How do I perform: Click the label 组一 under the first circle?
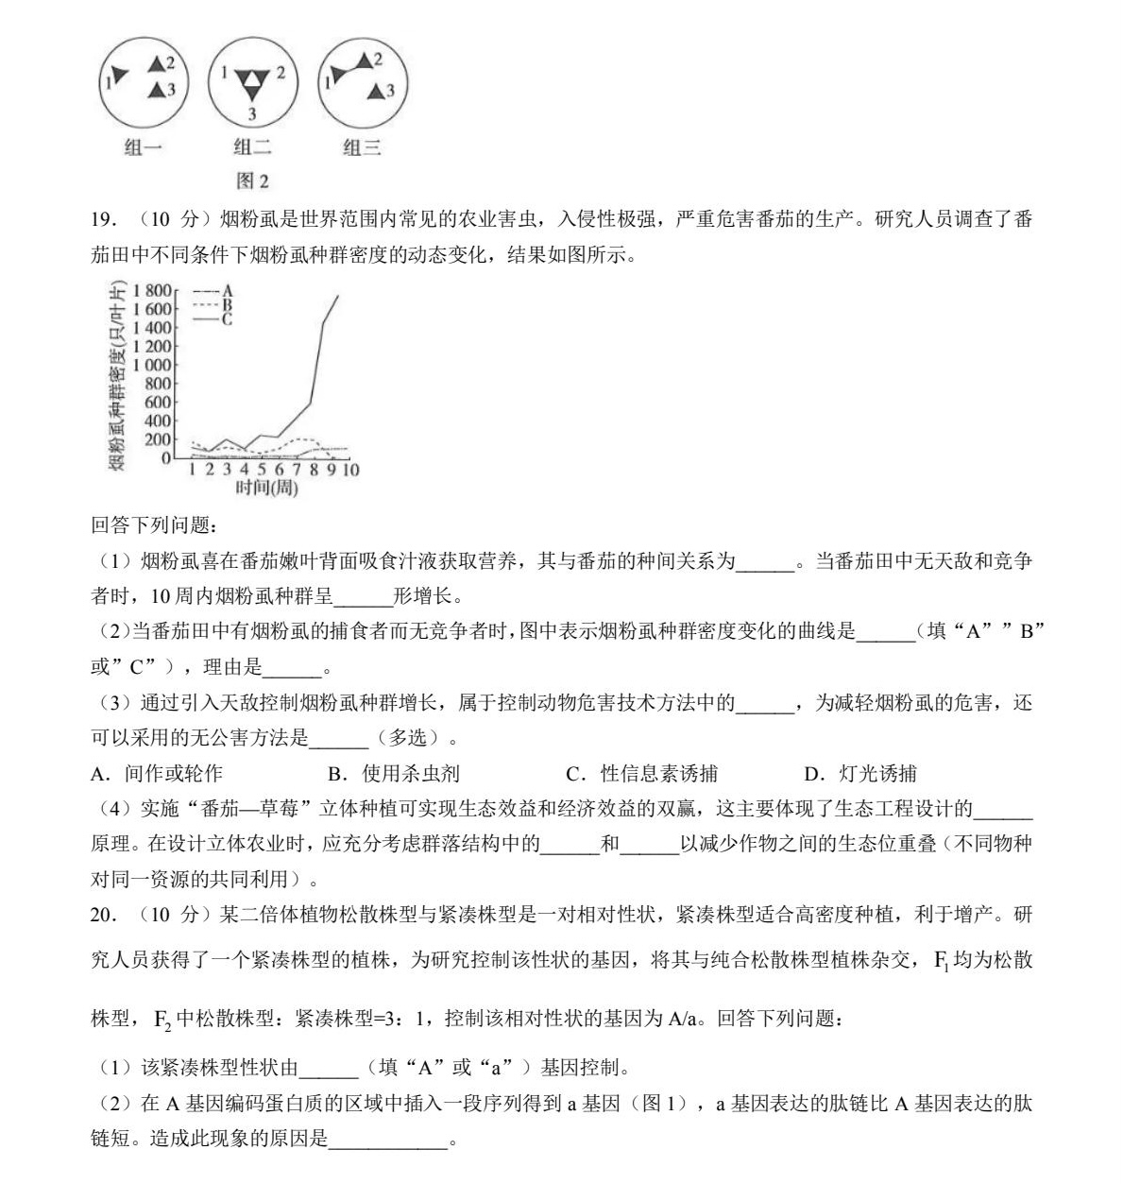click(144, 147)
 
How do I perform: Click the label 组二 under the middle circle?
click(252, 147)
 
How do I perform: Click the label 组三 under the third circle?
click(362, 147)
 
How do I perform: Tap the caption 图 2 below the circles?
click(252, 180)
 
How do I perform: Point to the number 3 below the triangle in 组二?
click(252, 114)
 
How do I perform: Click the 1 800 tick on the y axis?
click(153, 291)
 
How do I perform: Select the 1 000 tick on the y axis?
click(153, 365)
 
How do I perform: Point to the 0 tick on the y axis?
click(166, 457)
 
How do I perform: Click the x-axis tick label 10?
click(350, 470)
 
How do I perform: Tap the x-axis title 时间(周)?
click(266, 489)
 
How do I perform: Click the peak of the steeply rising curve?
click(338, 297)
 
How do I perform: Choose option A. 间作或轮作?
click(158, 774)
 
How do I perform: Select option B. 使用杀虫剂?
click(394, 774)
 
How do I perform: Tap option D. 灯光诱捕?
click(860, 774)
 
